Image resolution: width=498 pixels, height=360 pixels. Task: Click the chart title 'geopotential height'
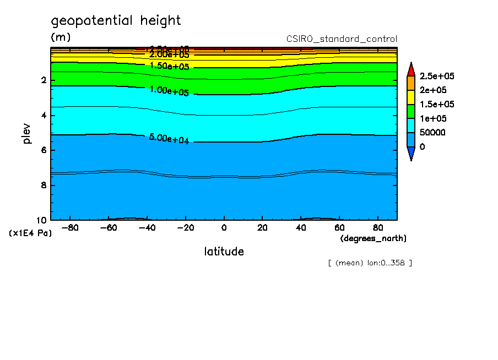pos(116,21)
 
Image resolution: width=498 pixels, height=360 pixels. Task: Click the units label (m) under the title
pos(61,37)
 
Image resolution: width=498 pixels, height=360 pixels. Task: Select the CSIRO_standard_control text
pos(342,39)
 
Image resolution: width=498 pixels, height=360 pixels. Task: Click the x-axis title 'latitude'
pos(224,252)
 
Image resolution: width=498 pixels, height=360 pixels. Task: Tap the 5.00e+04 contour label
pos(169,138)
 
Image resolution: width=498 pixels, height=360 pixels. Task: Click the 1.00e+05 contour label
pos(169,90)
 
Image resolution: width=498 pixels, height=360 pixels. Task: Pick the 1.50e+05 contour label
pos(169,66)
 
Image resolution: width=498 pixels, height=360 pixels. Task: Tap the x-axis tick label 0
pos(224,227)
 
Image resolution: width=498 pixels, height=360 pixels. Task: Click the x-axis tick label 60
pos(339,227)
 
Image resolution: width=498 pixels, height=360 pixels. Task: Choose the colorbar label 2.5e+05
pos(437,76)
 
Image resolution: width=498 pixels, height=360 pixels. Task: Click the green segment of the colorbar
pos(410,111)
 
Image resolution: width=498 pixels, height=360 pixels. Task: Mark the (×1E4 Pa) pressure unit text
pos(30,233)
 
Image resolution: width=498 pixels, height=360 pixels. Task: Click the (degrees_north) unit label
pos(373,238)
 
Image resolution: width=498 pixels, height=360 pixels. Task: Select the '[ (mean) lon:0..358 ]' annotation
pos(370,263)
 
